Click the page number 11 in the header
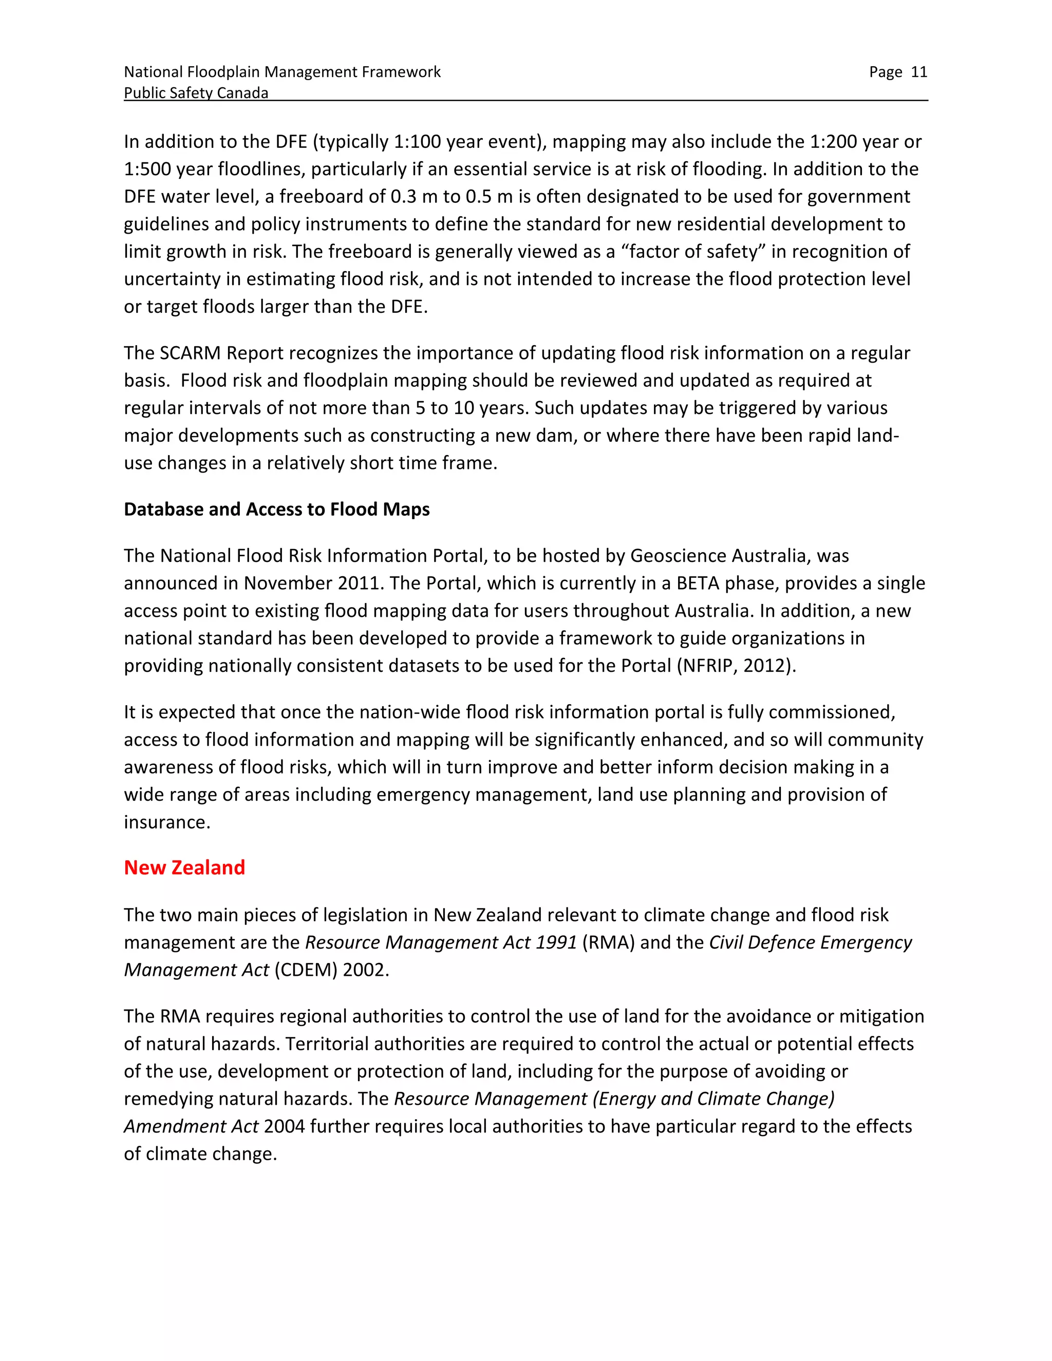(x=918, y=72)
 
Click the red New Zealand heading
(x=184, y=867)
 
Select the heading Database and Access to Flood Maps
(x=277, y=509)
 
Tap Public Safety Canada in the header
(x=196, y=93)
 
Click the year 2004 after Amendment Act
(x=284, y=1126)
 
